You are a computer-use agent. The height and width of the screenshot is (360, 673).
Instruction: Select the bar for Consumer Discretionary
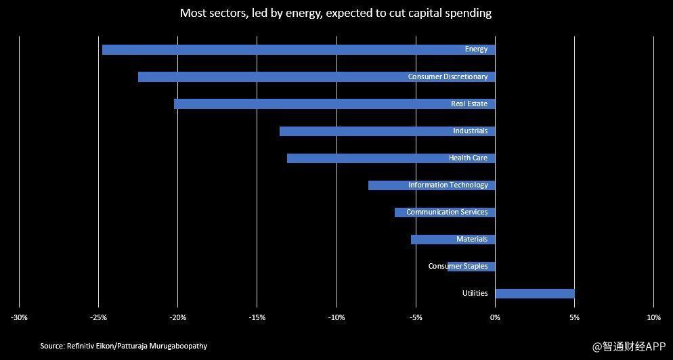(x=271, y=76)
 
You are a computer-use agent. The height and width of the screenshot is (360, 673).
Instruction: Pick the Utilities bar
(x=534, y=294)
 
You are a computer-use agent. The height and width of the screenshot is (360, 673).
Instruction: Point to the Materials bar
(x=433, y=240)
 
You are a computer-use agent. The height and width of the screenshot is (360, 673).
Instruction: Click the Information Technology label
(x=448, y=185)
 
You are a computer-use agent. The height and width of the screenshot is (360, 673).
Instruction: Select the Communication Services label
(x=447, y=212)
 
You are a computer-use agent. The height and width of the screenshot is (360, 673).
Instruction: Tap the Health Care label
(x=468, y=158)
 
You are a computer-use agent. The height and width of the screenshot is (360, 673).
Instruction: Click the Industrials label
(x=470, y=131)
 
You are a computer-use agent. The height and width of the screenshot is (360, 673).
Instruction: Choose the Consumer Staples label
(x=458, y=267)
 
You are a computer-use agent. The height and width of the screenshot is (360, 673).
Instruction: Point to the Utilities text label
(x=475, y=294)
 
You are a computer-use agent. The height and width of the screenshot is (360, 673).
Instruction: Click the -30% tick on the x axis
(x=19, y=318)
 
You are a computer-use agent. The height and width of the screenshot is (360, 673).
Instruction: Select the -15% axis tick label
(x=257, y=318)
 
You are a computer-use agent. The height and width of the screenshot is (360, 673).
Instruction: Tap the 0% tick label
(x=495, y=318)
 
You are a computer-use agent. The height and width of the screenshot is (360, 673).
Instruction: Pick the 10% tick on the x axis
(x=653, y=318)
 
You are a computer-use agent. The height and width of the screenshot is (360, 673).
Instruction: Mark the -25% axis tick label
(x=98, y=318)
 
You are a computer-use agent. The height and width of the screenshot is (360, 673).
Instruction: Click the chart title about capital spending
(x=336, y=14)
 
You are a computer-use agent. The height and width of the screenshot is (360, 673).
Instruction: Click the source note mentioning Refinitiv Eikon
(x=123, y=346)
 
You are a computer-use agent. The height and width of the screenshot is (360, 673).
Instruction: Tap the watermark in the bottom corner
(x=629, y=347)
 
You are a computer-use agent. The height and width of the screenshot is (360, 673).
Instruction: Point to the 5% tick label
(x=574, y=318)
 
